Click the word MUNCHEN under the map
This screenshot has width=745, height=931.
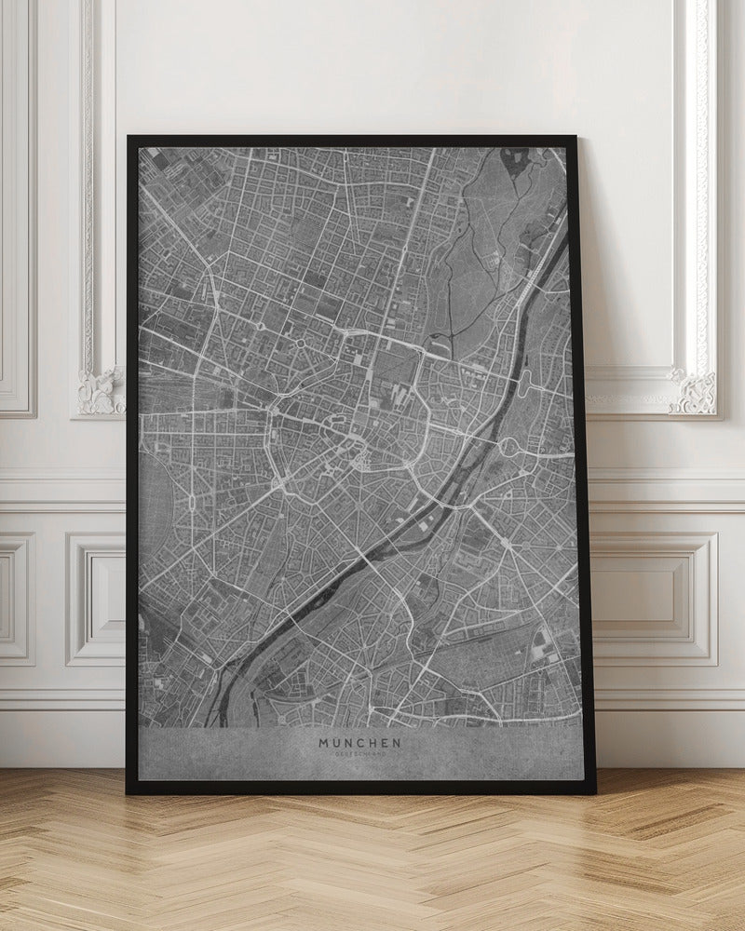click(x=360, y=743)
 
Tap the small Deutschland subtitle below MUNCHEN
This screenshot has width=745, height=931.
click(x=360, y=754)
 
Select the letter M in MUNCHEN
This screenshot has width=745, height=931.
click(x=324, y=743)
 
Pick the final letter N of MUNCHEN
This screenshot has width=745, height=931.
click(x=398, y=743)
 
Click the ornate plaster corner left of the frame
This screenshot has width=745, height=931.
click(x=101, y=391)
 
